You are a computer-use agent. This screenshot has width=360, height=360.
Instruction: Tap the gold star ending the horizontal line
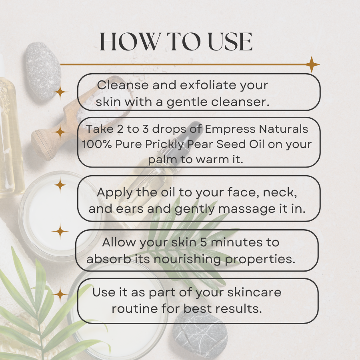[312, 64]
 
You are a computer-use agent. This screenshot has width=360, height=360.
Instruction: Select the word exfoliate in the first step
[208, 85]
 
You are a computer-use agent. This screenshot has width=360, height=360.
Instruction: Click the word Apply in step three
[115, 193]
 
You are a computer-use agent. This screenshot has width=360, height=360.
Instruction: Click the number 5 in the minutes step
[204, 242]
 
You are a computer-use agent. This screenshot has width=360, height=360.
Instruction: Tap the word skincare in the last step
[254, 292]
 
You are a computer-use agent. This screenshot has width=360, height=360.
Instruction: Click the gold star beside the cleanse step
[60, 92]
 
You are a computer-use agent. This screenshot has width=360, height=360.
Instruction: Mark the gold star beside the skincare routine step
[60, 294]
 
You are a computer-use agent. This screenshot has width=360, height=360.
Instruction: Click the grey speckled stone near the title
[43, 71]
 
